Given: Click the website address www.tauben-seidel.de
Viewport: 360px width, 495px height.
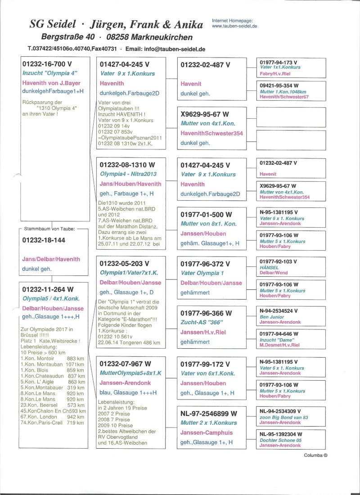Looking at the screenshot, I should click(x=234, y=26).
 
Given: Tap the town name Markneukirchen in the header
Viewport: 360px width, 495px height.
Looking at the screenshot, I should click(x=157, y=37).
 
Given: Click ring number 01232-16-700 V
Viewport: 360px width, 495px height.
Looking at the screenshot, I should click(x=47, y=64).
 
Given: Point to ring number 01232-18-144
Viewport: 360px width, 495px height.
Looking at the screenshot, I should click(x=44, y=240).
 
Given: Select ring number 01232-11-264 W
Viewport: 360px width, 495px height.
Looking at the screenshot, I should click(x=48, y=289).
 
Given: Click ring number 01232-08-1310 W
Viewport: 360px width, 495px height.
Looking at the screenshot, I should click(x=128, y=165).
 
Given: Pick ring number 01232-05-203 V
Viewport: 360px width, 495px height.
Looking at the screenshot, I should click(x=124, y=263).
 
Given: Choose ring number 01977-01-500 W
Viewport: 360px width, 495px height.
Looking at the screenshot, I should click(x=206, y=215).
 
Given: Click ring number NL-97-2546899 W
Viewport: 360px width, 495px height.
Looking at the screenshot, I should click(x=209, y=413).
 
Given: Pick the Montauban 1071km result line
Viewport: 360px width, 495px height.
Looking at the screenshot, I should click(x=53, y=364).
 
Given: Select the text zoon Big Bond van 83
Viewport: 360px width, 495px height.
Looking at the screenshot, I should click(x=283, y=417).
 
